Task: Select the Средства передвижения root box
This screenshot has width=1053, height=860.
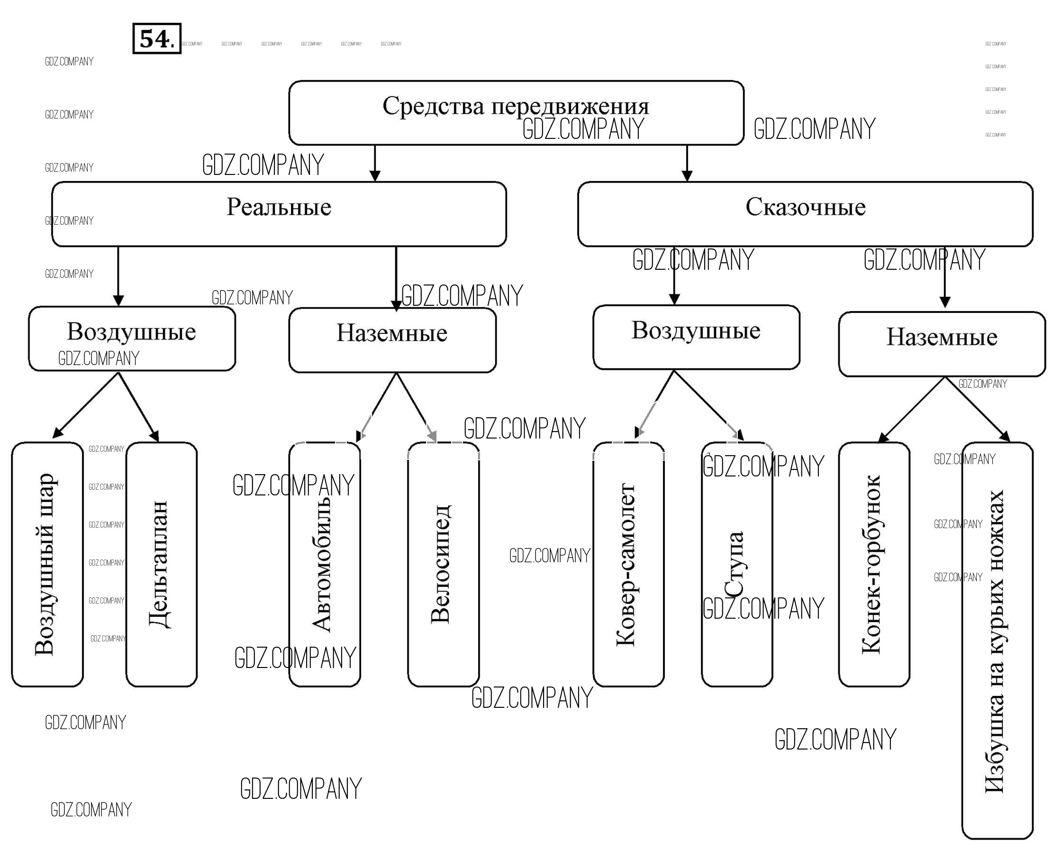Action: (516, 112)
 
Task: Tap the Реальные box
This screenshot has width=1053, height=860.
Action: (279, 213)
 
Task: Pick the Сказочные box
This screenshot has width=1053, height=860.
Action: (805, 213)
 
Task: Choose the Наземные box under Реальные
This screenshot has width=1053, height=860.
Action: (392, 340)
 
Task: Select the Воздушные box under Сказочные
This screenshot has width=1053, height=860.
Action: (696, 337)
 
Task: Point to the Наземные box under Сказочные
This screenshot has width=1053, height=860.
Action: (942, 344)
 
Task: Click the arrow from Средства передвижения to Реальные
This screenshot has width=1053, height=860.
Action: (375, 163)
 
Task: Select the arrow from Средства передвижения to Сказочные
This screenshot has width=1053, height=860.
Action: (687, 163)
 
